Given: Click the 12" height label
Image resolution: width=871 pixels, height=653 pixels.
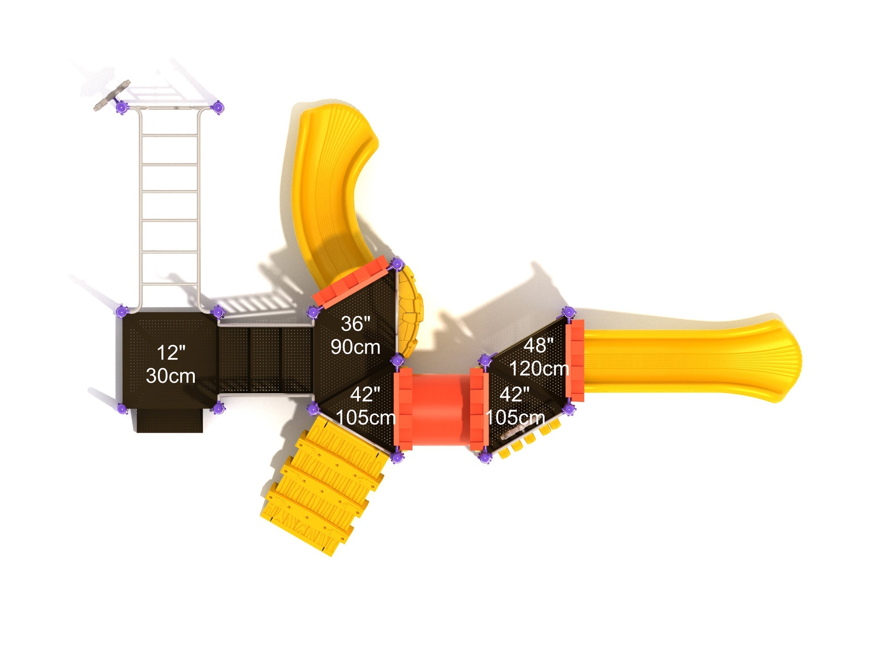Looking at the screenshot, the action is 171,352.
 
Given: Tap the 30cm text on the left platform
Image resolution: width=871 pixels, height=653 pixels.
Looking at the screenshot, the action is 171,376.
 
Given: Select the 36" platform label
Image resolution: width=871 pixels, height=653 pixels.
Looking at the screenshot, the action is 355,323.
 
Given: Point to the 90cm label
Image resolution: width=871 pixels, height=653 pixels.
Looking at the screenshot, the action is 355,347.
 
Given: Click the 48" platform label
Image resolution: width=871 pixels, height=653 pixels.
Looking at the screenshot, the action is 539,346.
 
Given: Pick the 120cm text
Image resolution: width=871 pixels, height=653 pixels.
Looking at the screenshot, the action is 539,369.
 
